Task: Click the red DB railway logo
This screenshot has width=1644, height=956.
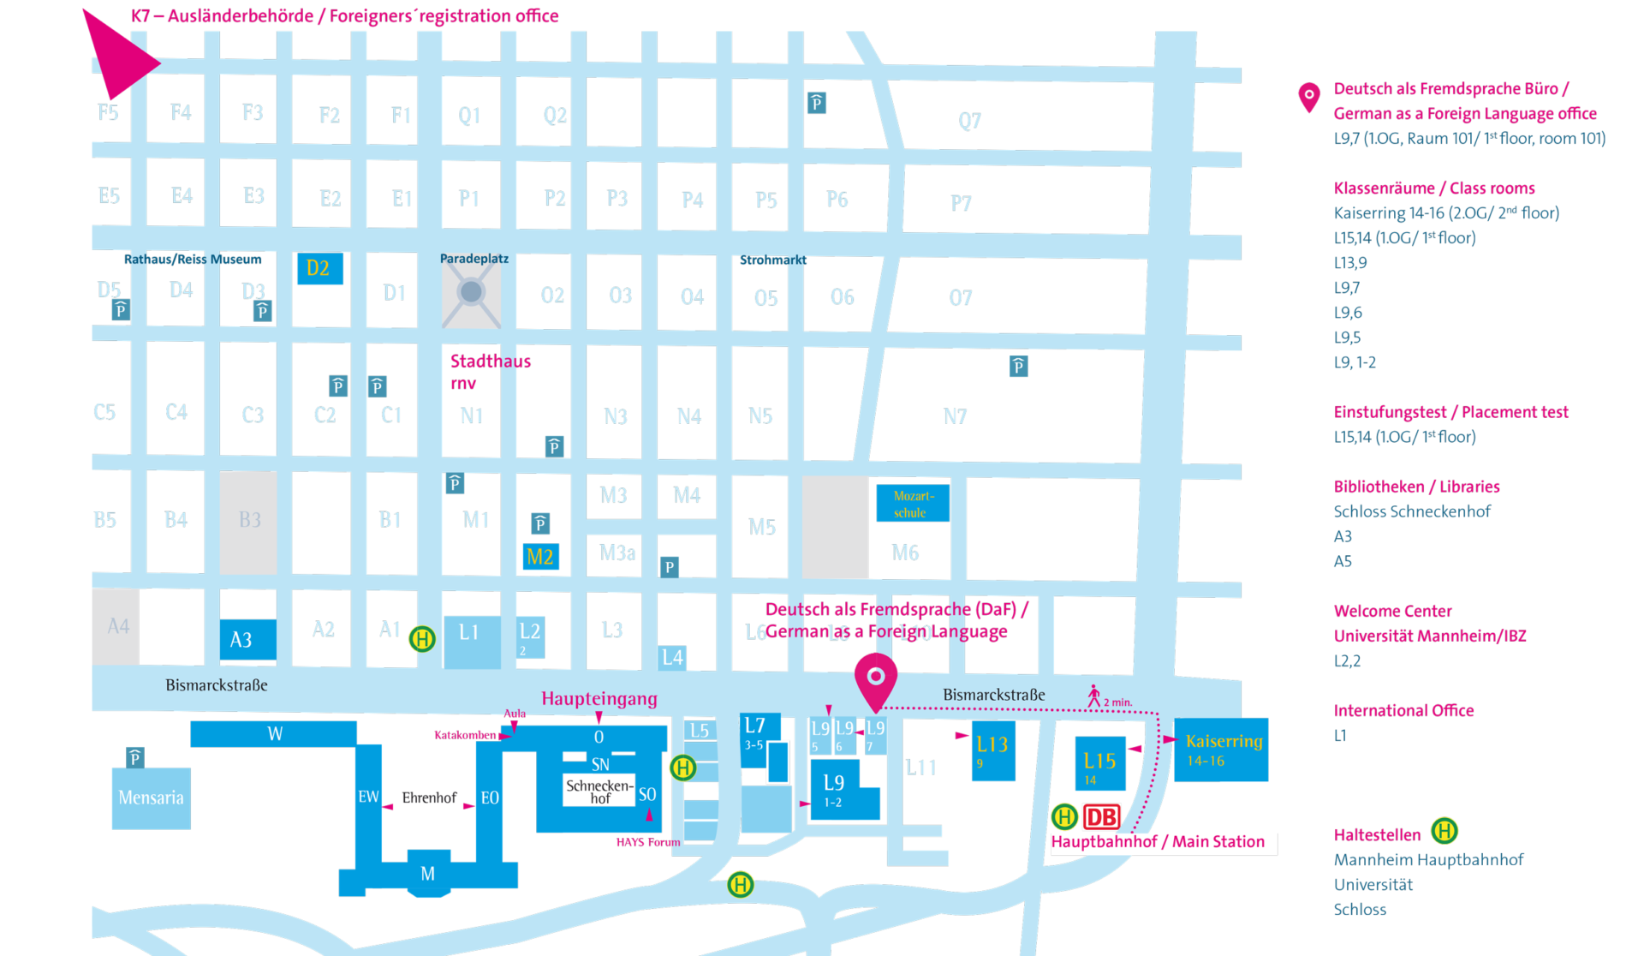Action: pos(1101,817)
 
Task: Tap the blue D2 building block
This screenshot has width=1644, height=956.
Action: pos(319,268)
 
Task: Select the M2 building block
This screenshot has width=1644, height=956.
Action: pos(540,557)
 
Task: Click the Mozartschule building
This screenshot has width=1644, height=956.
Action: pos(913,504)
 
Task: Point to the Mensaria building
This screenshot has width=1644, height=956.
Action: pos(151,798)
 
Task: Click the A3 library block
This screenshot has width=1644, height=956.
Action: pos(247,639)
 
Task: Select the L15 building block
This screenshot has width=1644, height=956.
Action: pos(1099,762)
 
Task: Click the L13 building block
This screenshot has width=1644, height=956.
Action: pos(993,750)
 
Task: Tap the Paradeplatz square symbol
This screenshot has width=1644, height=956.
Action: pos(471,293)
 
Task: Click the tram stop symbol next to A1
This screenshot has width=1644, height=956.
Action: pos(422,639)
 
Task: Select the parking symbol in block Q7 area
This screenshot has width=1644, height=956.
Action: pos(817,104)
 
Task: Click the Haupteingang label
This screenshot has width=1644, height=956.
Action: pos(599,698)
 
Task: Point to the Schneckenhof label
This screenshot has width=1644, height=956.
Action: pos(599,792)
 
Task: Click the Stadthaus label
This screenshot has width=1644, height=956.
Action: pos(491,361)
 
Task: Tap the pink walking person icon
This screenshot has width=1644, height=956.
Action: pos(1093,696)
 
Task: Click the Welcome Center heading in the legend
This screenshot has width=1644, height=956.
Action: pos(1392,611)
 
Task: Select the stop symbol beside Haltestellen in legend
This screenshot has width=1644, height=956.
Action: pos(1444,831)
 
